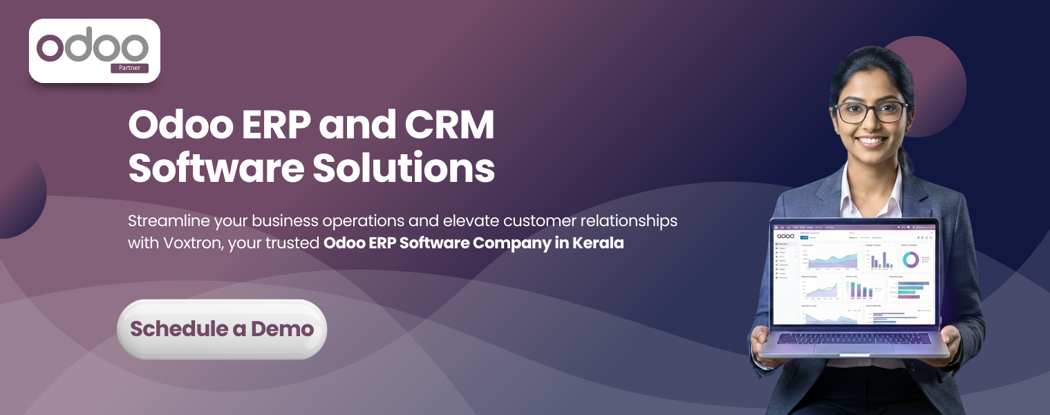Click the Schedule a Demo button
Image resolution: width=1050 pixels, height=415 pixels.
click(221, 329)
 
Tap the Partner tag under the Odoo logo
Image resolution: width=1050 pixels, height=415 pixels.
click(129, 68)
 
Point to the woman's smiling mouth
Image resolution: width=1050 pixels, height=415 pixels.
click(872, 140)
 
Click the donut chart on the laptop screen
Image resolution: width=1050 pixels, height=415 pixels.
click(910, 259)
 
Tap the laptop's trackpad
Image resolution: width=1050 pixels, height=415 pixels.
click(853, 348)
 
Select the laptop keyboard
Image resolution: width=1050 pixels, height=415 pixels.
click(854, 338)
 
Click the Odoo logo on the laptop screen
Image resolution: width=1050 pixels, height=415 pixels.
click(785, 236)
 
